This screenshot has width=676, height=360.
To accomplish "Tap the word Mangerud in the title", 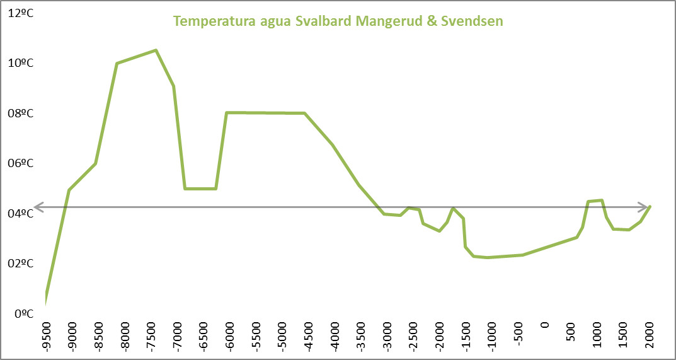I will tap(387, 21).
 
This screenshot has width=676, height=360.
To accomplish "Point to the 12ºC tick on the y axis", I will tap(21, 13).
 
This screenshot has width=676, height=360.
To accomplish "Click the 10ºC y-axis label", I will tap(21, 63).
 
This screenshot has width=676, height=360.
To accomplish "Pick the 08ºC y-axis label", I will tap(21, 113).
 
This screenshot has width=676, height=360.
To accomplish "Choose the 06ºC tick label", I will tap(21, 163).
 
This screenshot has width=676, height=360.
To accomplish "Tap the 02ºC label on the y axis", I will tap(21, 264).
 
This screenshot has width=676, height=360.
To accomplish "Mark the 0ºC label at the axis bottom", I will tap(24, 313).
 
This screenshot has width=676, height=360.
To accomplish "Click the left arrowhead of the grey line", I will tap(37, 206).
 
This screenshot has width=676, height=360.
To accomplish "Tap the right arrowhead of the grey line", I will tap(646, 206).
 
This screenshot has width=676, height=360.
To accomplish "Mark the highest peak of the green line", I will tap(156, 50).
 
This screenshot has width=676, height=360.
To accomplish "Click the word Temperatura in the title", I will tap(210, 21).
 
